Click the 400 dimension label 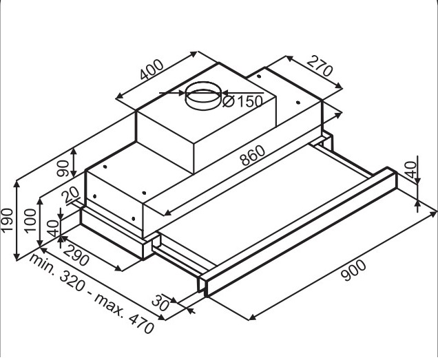(152, 70)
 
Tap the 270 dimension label (320, 66)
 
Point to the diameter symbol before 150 (229, 101)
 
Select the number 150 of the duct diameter (249, 101)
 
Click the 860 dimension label (253, 156)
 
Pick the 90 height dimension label (63, 168)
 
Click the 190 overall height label (7, 220)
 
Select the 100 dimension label (30, 221)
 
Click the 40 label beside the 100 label (53, 228)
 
